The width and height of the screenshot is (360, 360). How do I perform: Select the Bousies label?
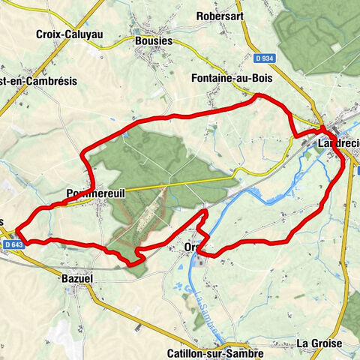click(154, 41)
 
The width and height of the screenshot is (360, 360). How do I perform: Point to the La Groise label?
click(319, 343)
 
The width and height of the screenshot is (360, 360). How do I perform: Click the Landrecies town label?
click(337, 142)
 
